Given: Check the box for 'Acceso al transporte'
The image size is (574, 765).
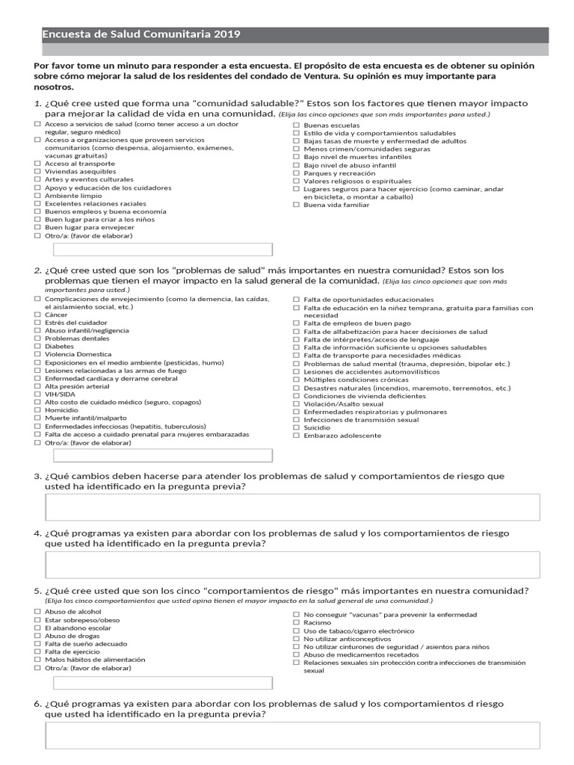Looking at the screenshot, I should pyautogui.click(x=38, y=163).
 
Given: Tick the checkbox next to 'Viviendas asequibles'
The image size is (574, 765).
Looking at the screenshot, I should pyautogui.click(x=38, y=171).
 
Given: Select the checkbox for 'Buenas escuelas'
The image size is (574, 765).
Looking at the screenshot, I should pyautogui.click(x=297, y=125).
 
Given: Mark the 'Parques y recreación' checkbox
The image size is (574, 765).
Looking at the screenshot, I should pyautogui.click(x=297, y=173).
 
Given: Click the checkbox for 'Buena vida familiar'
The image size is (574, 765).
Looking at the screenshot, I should pyautogui.click(x=297, y=205).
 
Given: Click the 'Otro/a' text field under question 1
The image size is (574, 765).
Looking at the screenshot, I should pyautogui.click(x=163, y=250).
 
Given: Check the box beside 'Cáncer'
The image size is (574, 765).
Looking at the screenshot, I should pyautogui.click(x=38, y=315).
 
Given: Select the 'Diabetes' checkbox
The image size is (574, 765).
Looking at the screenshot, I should pyautogui.click(x=38, y=347).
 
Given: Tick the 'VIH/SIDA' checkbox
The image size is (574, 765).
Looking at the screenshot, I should pyautogui.click(x=38, y=394).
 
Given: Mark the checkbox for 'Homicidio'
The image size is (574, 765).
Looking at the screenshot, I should pyautogui.click(x=38, y=410).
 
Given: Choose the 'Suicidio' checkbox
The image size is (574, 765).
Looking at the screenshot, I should pyautogui.click(x=297, y=427).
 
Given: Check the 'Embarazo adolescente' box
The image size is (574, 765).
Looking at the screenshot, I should pyautogui.click(x=297, y=436).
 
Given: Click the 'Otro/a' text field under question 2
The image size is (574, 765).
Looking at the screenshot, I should pyautogui.click(x=163, y=455).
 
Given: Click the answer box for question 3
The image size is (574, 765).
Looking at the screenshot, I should pyautogui.click(x=292, y=507).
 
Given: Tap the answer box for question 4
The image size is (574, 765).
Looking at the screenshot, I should pyautogui.click(x=292, y=565).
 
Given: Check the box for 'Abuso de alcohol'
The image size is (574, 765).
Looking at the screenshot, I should pyautogui.click(x=38, y=612).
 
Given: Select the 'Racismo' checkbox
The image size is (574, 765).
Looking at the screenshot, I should pyautogui.click(x=297, y=622).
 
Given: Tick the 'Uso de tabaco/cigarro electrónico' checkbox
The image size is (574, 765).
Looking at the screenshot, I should pyautogui.click(x=297, y=631).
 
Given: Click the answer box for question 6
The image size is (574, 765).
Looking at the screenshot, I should pyautogui.click(x=292, y=735).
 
